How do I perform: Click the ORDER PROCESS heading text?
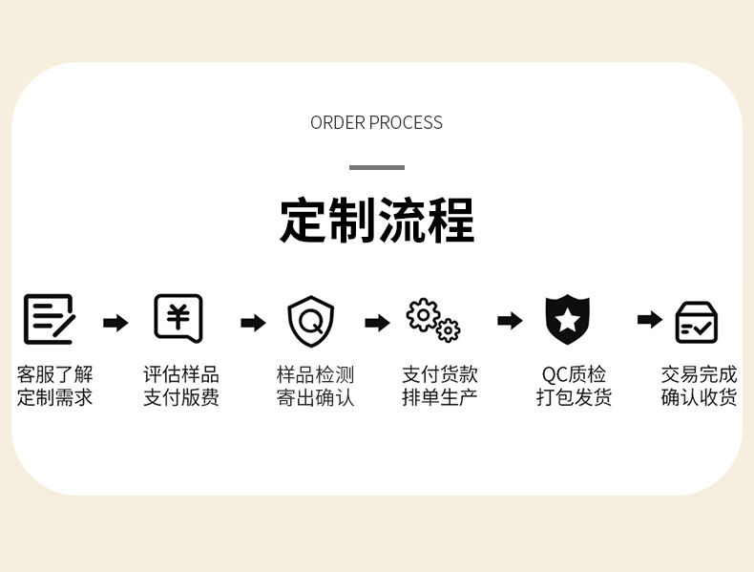[x=376, y=122]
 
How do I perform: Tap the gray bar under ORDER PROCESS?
[x=376, y=167]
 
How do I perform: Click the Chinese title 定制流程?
[x=376, y=222]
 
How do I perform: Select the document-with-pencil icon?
[x=49, y=319]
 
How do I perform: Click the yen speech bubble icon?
[x=178, y=318]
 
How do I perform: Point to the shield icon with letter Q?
[x=311, y=321]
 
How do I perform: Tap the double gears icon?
[x=432, y=319]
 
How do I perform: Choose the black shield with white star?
[x=567, y=320]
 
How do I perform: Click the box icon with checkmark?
[x=697, y=322]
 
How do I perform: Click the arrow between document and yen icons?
[x=115, y=323]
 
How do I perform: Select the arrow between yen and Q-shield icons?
[x=253, y=323]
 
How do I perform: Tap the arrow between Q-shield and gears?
[x=378, y=323]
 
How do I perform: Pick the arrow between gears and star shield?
[x=511, y=321]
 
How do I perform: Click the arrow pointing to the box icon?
[x=650, y=320]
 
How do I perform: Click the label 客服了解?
[x=54, y=374]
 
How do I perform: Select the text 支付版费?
[x=181, y=397]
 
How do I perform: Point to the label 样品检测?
[x=315, y=374]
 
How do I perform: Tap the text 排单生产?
[x=439, y=397]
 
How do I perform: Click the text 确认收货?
[x=699, y=397]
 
